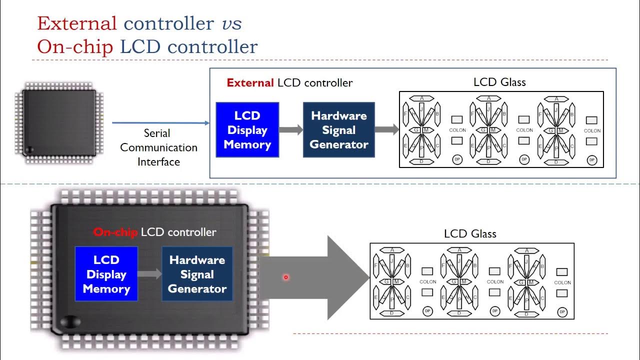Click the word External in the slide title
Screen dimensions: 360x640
(77, 23)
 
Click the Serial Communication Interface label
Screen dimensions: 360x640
(158, 147)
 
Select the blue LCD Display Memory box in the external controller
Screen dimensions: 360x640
(247, 130)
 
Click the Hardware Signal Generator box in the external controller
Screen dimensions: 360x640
(338, 130)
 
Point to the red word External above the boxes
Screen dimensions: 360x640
(250, 83)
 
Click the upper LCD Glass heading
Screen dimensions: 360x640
(499, 82)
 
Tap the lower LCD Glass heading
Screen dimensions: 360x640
(470, 233)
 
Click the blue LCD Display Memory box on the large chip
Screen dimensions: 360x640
(106, 274)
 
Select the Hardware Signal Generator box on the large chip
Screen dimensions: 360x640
(197, 274)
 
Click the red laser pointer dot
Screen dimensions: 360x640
(286, 277)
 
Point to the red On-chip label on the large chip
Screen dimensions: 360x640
(115, 232)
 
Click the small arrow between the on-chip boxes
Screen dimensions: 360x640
(149, 274)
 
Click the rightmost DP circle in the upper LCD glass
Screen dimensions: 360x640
(592, 160)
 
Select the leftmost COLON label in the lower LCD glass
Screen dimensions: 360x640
(428, 282)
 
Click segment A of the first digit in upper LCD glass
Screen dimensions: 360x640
(421, 98)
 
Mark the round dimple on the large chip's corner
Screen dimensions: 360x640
(69, 322)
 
